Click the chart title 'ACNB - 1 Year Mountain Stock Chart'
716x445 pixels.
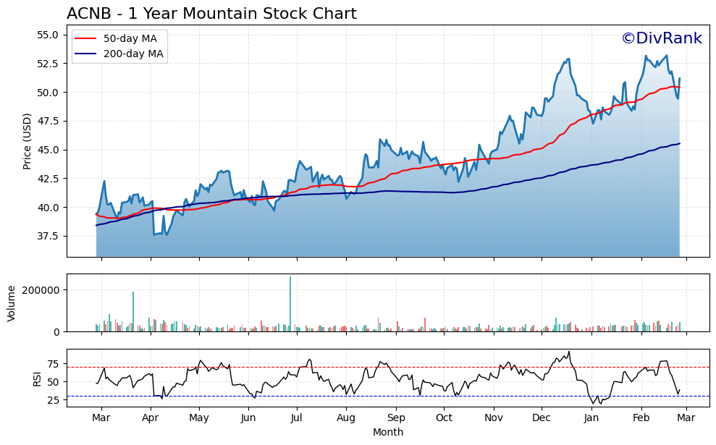point(211,14)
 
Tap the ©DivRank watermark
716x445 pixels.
point(661,38)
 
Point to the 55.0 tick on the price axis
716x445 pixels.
point(48,35)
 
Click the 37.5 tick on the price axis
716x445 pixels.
point(48,236)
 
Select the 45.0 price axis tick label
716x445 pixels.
point(48,150)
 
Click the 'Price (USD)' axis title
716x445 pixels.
point(28,141)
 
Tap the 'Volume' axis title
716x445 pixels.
point(11,302)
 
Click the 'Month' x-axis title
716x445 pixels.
point(388,432)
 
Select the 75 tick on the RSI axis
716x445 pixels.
point(53,363)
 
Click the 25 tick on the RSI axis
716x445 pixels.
point(53,399)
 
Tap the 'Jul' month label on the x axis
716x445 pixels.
point(297,418)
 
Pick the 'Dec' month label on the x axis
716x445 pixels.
point(542,418)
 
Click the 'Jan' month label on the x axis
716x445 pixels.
point(591,418)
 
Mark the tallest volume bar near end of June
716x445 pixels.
point(290,304)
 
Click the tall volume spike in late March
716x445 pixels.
point(133,311)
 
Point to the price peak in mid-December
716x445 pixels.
point(568,59)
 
